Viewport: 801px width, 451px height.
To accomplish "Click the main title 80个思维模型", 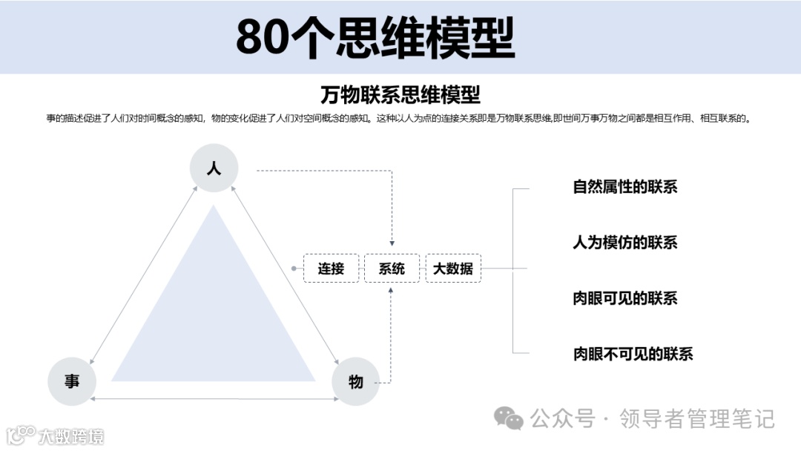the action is [375, 38].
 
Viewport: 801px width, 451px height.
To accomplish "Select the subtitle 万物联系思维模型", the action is [400, 95].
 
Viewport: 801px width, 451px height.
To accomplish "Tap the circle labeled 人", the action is [214, 168].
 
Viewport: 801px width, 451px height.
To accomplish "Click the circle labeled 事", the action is [72, 381].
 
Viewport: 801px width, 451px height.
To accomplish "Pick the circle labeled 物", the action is [356, 381].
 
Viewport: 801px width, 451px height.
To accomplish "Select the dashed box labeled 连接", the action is [331, 269].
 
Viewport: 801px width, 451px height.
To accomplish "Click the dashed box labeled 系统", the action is [392, 269].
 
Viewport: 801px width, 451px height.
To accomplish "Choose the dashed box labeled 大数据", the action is [453, 269].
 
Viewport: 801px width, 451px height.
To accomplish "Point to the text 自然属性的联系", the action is [624, 187].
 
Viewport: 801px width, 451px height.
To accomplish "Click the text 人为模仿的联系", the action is [624, 243].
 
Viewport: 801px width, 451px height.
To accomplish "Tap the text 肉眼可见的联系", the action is [624, 298].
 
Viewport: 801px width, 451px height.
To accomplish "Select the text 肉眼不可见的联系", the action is [633, 354].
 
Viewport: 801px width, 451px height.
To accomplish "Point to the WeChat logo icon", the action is [509, 419].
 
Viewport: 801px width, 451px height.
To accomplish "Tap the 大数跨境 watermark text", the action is [71, 436].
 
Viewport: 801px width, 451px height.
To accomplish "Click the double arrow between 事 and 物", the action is [214, 400].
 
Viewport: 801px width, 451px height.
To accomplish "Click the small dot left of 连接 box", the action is [294, 268].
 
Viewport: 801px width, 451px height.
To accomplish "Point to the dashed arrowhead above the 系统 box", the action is [392, 243].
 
